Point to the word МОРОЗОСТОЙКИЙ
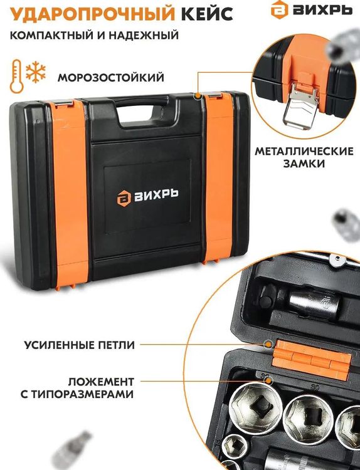pos(111,78)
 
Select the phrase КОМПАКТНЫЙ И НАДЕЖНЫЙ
pos(94,35)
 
